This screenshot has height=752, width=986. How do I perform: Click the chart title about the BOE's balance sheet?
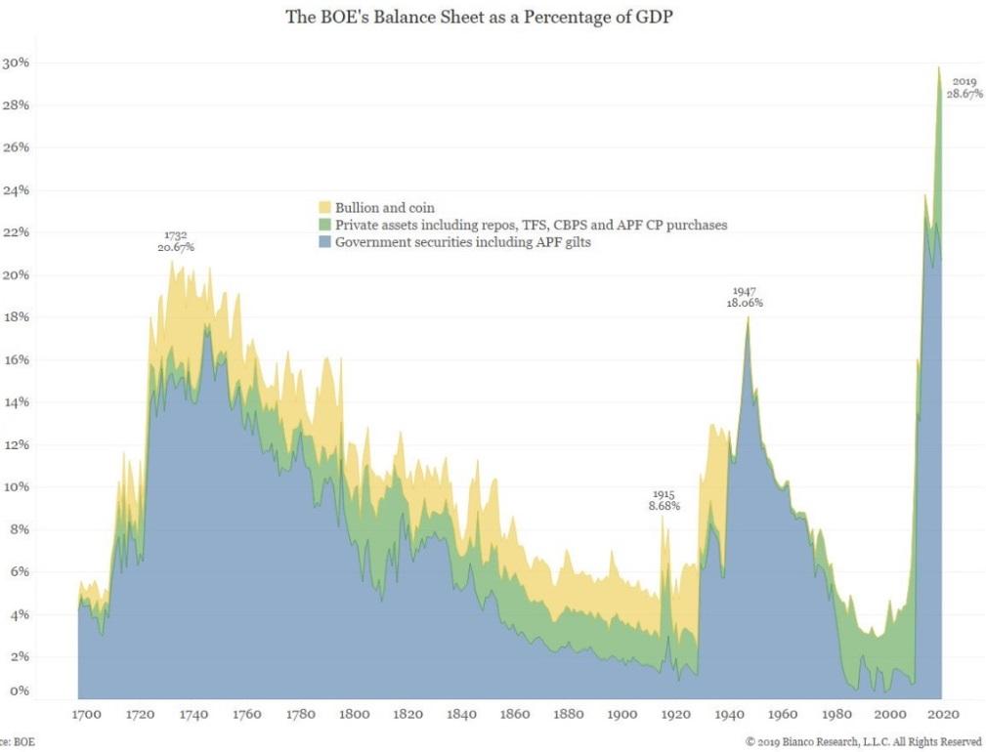(x=493, y=17)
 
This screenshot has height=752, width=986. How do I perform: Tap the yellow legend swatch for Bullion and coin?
(x=325, y=208)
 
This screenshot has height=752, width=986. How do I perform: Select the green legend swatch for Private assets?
(x=325, y=226)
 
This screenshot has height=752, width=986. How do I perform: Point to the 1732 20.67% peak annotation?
(x=176, y=241)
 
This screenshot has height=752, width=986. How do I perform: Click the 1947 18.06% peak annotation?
(x=745, y=297)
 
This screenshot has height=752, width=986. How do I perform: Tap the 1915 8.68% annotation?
(x=664, y=500)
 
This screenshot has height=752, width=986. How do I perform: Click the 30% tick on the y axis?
(x=17, y=63)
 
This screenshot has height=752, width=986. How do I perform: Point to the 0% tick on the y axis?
(x=20, y=691)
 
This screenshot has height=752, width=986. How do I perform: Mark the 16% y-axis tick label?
(x=17, y=359)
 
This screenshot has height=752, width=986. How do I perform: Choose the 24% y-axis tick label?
(x=17, y=190)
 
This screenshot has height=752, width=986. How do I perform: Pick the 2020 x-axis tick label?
(x=943, y=714)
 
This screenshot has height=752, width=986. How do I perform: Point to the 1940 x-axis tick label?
(x=729, y=714)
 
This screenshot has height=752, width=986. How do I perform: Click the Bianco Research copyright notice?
(x=863, y=742)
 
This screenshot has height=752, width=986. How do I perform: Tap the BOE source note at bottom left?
(x=16, y=742)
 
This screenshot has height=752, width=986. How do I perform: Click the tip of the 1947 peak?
(x=748, y=317)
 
